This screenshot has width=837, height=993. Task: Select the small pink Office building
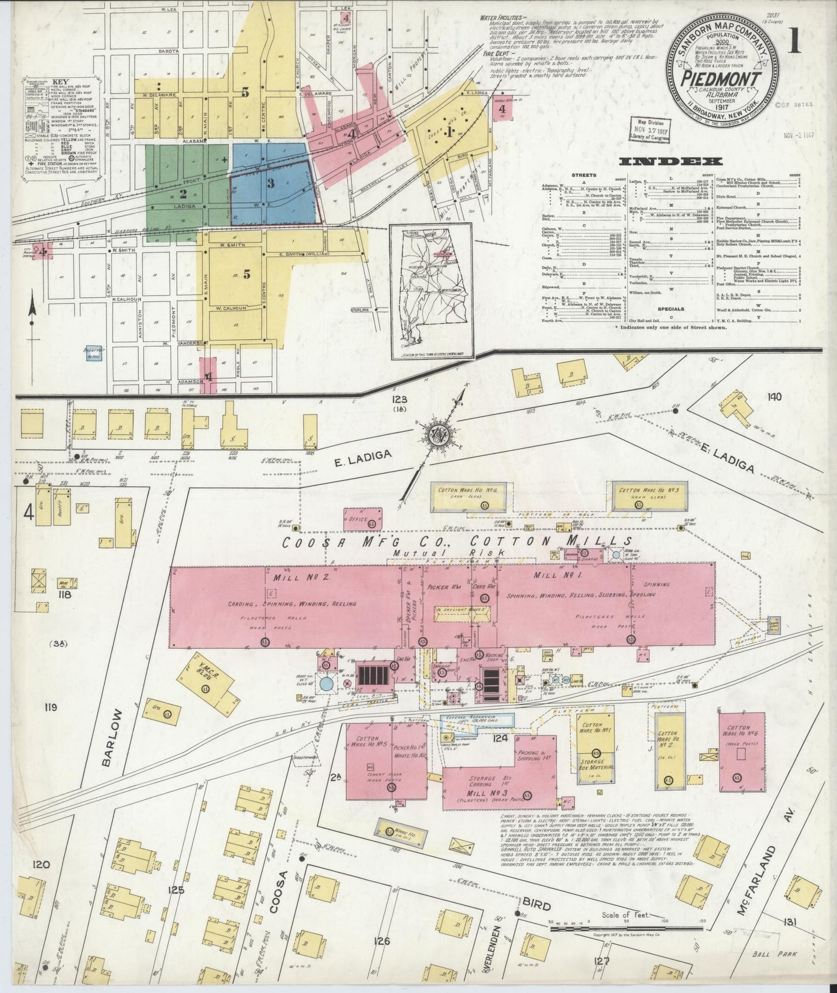(x=363, y=518)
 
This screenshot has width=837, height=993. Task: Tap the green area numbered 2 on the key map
(x=184, y=193)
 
